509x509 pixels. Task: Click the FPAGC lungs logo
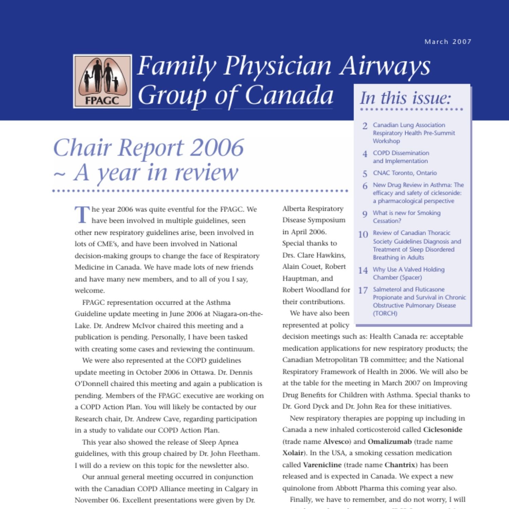click(102, 81)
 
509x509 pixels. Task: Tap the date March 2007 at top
click(448, 42)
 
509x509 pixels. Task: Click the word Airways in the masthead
click(385, 65)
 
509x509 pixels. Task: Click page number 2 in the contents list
click(365, 126)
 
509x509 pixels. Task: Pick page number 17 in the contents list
click(363, 290)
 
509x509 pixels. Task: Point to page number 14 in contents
click(363, 270)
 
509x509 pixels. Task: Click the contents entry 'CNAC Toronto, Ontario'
click(405, 173)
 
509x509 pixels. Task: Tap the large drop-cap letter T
click(82, 214)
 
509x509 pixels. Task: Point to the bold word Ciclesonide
click(442, 430)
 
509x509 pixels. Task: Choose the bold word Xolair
click(293, 453)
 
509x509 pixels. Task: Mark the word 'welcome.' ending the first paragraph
click(90, 291)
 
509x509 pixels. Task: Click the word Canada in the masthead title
click(289, 95)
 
